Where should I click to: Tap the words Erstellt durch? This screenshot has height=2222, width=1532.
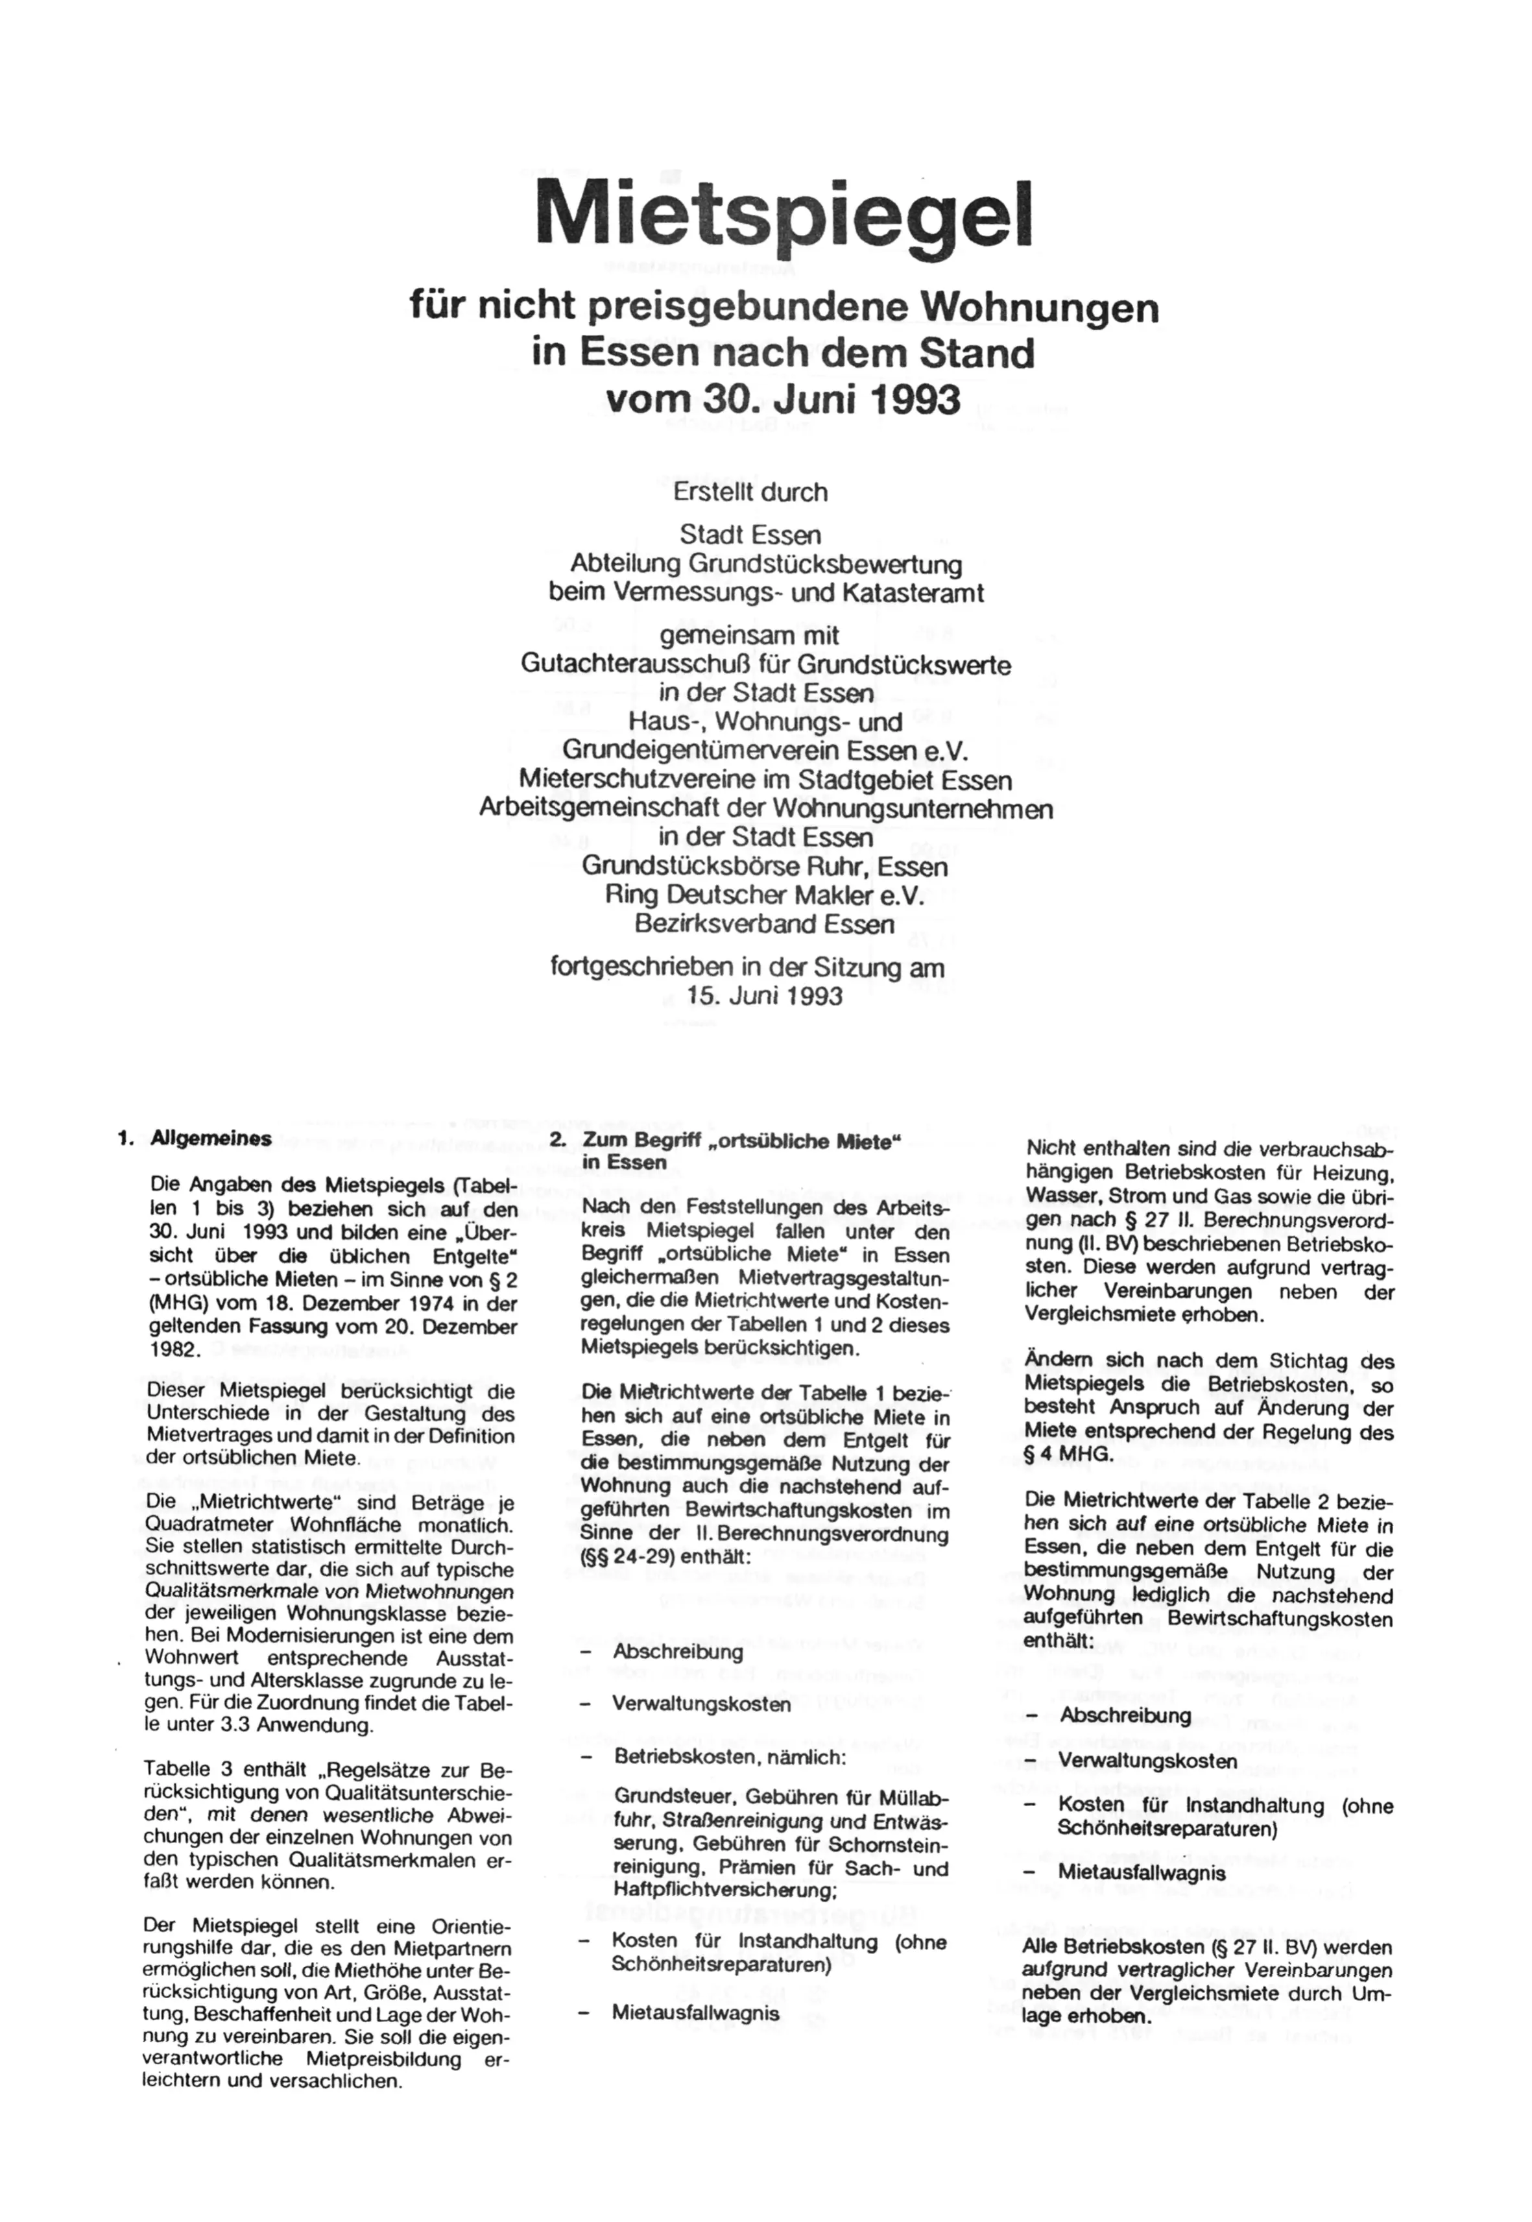(x=750, y=492)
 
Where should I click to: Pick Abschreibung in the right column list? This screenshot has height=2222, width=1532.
(x=1125, y=1715)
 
